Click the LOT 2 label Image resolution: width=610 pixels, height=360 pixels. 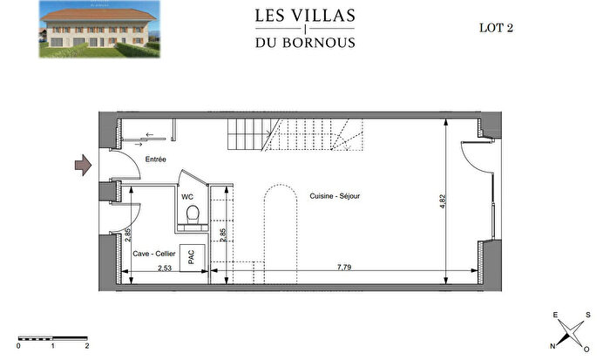point(497,27)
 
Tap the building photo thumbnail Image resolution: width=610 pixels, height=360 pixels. point(98,29)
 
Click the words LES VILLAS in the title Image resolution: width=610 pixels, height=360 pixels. point(305,15)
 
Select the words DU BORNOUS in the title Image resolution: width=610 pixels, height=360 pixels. point(305,43)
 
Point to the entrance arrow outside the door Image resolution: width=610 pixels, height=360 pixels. point(83,165)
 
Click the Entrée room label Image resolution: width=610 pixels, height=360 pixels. point(157,160)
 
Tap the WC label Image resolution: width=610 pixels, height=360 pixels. point(186,196)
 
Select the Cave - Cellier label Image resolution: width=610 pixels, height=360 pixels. point(155,254)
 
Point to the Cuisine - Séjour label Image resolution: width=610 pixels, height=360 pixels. point(335,196)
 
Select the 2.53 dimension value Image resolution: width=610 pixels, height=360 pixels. point(166,269)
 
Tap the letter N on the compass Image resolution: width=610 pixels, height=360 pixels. point(552,345)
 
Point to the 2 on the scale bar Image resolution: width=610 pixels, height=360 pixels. point(87,345)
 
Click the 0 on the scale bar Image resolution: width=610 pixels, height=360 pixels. point(19,345)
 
